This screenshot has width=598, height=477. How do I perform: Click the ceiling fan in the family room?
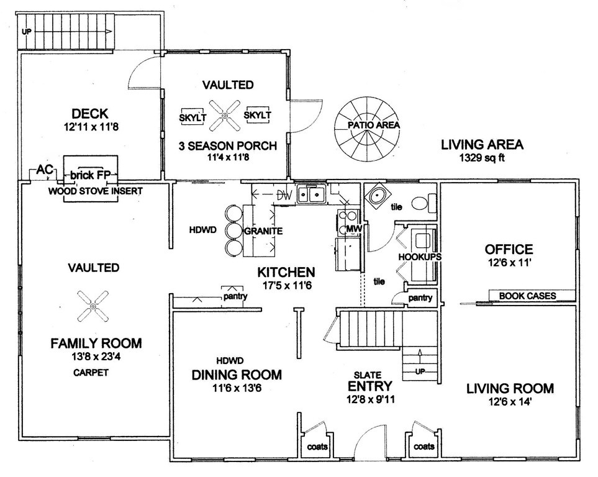(x=93, y=306)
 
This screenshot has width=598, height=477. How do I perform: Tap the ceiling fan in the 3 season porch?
(x=225, y=116)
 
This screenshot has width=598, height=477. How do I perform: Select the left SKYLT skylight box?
(x=193, y=116)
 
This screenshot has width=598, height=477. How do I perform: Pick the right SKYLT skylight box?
(x=258, y=114)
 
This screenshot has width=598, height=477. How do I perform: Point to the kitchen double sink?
(x=311, y=194)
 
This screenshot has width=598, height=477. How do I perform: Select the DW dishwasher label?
(x=284, y=196)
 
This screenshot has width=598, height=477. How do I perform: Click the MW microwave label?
(x=354, y=229)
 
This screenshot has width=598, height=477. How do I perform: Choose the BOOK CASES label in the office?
(x=527, y=296)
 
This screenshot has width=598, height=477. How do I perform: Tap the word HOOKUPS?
(x=420, y=257)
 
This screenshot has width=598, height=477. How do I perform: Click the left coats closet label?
(x=317, y=446)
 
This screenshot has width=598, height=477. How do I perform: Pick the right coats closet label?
(x=424, y=446)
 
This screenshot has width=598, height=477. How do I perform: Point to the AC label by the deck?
(x=45, y=170)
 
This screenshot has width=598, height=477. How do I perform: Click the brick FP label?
(x=91, y=175)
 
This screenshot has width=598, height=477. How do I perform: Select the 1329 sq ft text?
(x=482, y=158)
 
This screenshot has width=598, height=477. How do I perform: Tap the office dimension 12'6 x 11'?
(x=509, y=263)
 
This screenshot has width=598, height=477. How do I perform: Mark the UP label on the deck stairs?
(x=26, y=32)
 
